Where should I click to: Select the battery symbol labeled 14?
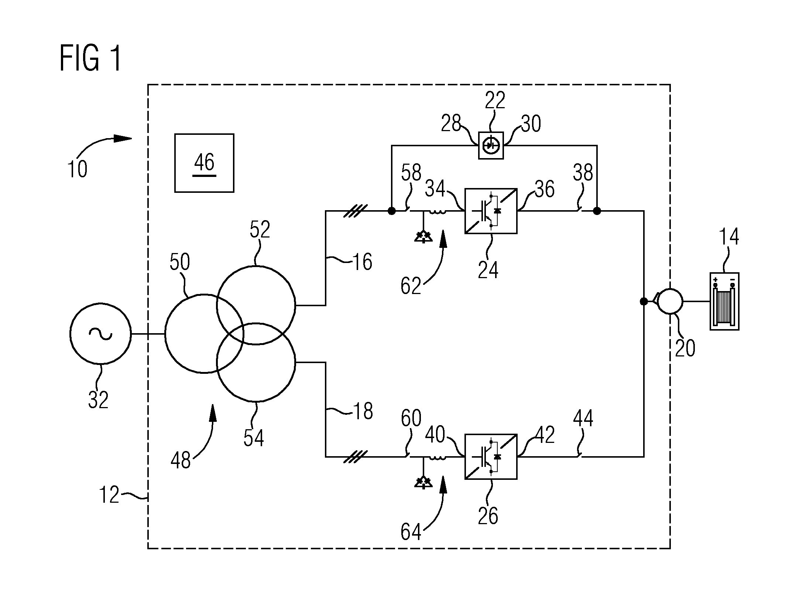[x=724, y=301]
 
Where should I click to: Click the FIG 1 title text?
[x=90, y=58]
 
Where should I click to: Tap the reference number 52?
[x=260, y=229]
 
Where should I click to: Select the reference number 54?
[x=254, y=438]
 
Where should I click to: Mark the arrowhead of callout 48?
[x=213, y=413]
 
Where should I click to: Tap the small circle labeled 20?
[x=670, y=301]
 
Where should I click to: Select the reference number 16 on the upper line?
[x=362, y=262]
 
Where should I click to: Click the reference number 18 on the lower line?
[x=363, y=411]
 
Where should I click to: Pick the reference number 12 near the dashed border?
[x=109, y=495]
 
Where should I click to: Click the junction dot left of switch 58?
[x=392, y=211]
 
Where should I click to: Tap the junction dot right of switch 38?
[x=597, y=211]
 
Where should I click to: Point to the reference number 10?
[x=77, y=170]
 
